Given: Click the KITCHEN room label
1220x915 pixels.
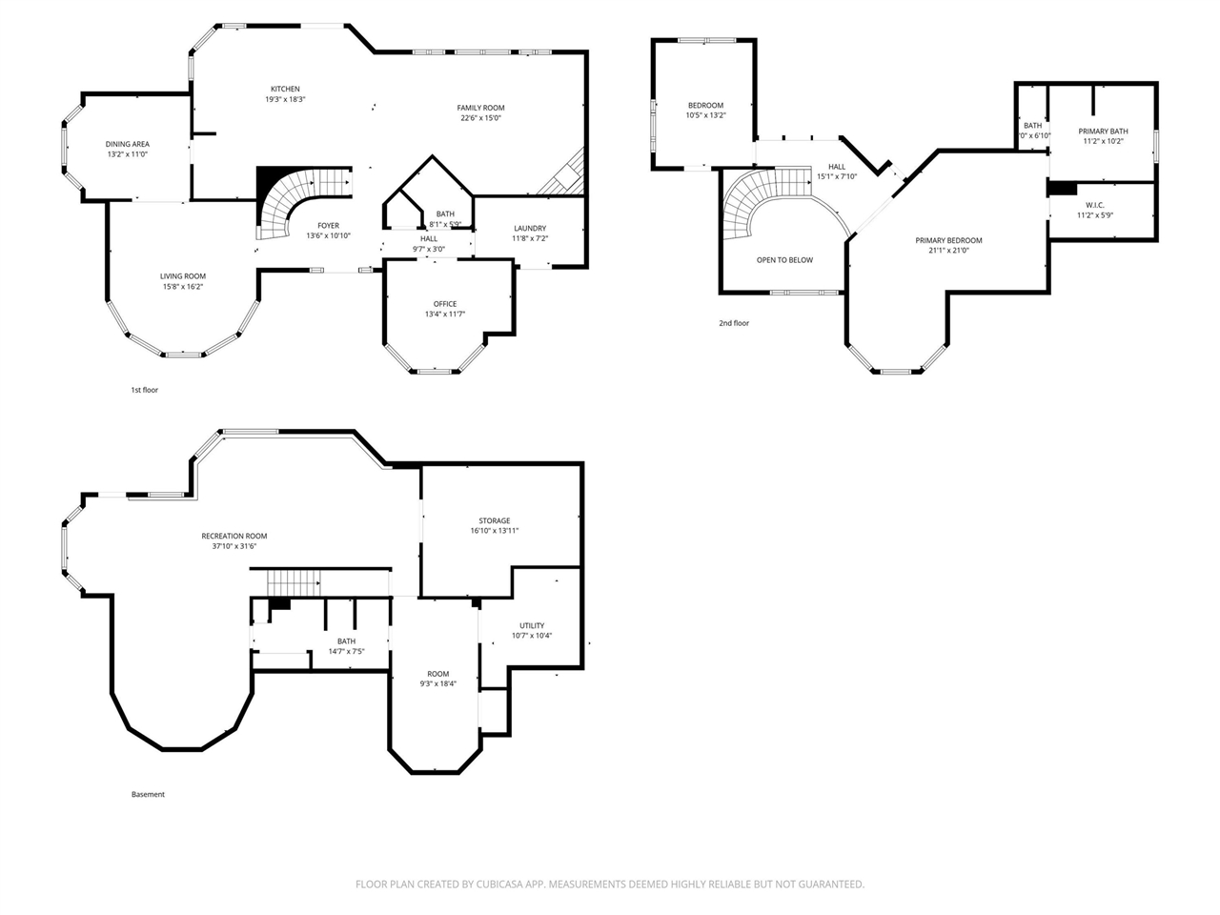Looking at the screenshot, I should point(285,90).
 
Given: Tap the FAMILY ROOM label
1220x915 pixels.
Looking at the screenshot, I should point(480,108).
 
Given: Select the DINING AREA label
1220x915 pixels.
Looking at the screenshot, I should point(127,144).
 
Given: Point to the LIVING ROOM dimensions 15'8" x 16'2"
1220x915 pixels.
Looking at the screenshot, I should point(182,286).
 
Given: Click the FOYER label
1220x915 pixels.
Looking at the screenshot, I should point(328,226).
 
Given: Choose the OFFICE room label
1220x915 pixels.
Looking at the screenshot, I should point(444,304).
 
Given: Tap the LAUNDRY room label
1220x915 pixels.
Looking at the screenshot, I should point(529,228).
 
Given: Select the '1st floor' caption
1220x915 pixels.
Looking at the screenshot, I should point(144,390).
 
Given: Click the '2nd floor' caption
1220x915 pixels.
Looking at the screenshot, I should point(734,323).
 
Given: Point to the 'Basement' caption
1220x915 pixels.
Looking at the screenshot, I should point(148,794).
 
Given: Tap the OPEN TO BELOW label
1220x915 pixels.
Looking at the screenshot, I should point(784,260).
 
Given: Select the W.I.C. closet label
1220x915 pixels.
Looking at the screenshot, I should point(1094,205).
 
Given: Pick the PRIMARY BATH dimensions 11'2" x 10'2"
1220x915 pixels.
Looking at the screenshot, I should point(1103,141).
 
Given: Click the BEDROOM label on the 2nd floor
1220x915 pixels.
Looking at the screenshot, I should point(705,105).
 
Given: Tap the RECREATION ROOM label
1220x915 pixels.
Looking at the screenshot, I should point(234,537).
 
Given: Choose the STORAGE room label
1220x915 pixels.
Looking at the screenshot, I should point(494,520).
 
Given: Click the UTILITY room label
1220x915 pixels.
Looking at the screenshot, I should point(532,625).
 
